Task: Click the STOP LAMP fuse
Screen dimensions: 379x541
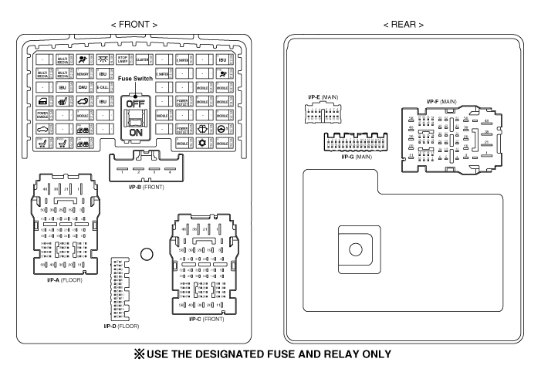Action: point(122,59)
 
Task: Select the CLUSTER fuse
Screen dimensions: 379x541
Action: point(142,59)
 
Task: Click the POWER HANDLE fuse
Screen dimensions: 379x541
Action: point(43,116)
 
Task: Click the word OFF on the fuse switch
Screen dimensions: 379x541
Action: point(135,105)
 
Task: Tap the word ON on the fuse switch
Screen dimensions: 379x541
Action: point(135,133)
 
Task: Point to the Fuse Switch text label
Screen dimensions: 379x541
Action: point(135,78)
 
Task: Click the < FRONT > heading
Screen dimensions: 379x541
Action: point(134,25)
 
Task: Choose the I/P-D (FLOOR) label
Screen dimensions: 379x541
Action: point(122,327)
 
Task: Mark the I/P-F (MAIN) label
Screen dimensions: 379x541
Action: point(442,100)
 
